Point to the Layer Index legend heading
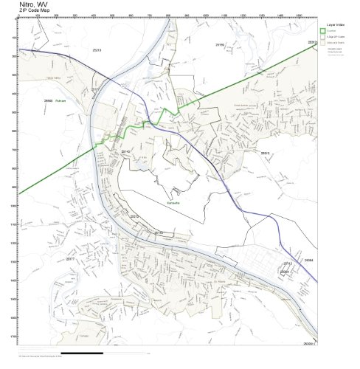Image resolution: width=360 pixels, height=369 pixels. click(330, 24)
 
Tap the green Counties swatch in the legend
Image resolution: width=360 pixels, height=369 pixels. click(322, 30)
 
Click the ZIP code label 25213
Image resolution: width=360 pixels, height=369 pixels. click(96, 49)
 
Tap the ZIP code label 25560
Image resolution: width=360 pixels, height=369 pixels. click(48, 100)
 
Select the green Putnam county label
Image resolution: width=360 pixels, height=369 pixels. click(60, 100)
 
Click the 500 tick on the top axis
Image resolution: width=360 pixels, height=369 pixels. click(112, 15)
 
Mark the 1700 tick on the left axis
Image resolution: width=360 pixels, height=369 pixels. click(15, 337)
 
